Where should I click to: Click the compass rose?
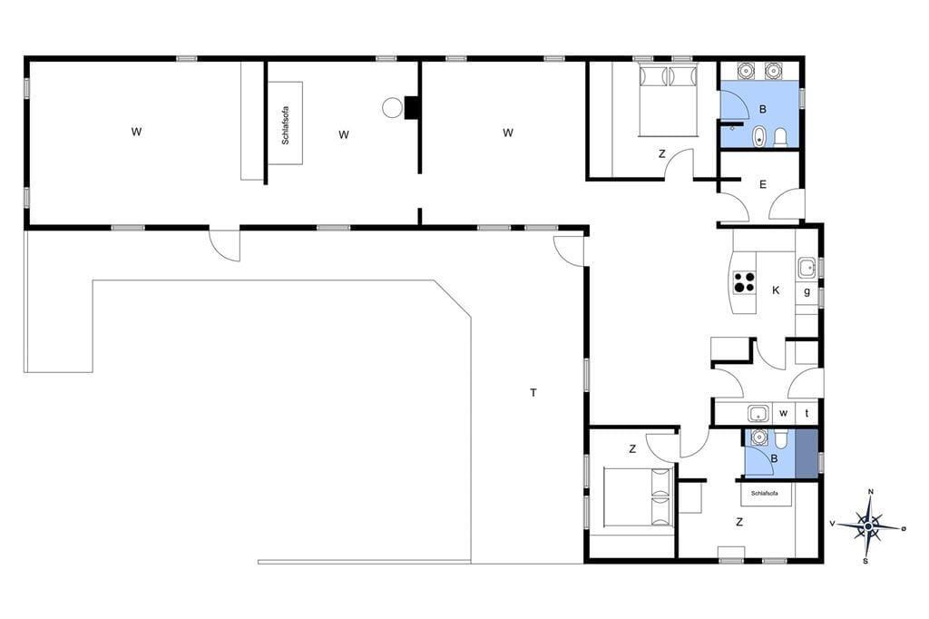pyautogui.click(x=868, y=526)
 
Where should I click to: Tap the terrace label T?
pyautogui.click(x=533, y=392)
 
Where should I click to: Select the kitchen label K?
pyautogui.click(x=776, y=290)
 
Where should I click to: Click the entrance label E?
pyautogui.click(x=762, y=184)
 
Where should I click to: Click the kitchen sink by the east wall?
pyautogui.click(x=807, y=268)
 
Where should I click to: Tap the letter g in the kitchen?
pyautogui.click(x=807, y=291)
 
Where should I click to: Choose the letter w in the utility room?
pyautogui.click(x=783, y=413)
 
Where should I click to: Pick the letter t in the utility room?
pyautogui.click(x=807, y=413)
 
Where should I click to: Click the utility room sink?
pyautogui.click(x=758, y=413)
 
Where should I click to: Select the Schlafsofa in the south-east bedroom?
pyautogui.click(x=764, y=494)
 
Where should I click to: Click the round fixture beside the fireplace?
pyautogui.click(x=391, y=108)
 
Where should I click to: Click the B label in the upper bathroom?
pyautogui.click(x=762, y=109)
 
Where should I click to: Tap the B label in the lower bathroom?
pyautogui.click(x=774, y=458)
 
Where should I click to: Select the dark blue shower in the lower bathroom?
pyautogui.click(x=807, y=454)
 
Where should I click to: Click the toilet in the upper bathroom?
pyautogui.click(x=780, y=136)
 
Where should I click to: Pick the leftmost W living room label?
pyautogui.click(x=136, y=132)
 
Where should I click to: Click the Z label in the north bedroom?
pyautogui.click(x=661, y=154)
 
